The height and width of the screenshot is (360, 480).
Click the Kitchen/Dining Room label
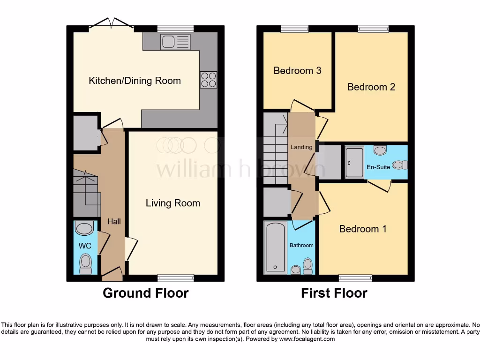(x=135, y=81)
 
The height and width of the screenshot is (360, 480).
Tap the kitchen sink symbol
(x=175, y=42)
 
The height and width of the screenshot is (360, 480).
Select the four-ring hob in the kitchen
(x=209, y=79)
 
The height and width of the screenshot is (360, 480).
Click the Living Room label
(x=172, y=203)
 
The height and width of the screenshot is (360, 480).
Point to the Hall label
(x=114, y=221)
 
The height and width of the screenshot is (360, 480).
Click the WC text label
(x=85, y=246)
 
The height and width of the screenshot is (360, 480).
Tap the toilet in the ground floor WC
(x=85, y=263)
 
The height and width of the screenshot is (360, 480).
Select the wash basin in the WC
(x=85, y=229)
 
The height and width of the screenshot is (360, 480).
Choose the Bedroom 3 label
(x=297, y=71)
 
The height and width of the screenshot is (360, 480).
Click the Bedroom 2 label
(x=371, y=87)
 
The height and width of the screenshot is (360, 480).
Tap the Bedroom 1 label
(x=363, y=229)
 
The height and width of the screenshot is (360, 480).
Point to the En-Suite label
(x=378, y=167)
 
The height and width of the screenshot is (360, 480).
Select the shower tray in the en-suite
(x=354, y=162)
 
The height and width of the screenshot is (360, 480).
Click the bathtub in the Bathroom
(x=275, y=247)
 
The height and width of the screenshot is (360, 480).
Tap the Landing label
(x=301, y=147)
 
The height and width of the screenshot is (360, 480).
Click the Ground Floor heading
(x=145, y=293)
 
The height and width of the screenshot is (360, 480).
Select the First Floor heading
(x=334, y=293)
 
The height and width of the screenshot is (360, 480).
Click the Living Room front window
(x=175, y=278)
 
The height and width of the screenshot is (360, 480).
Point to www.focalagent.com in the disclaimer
(x=307, y=339)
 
